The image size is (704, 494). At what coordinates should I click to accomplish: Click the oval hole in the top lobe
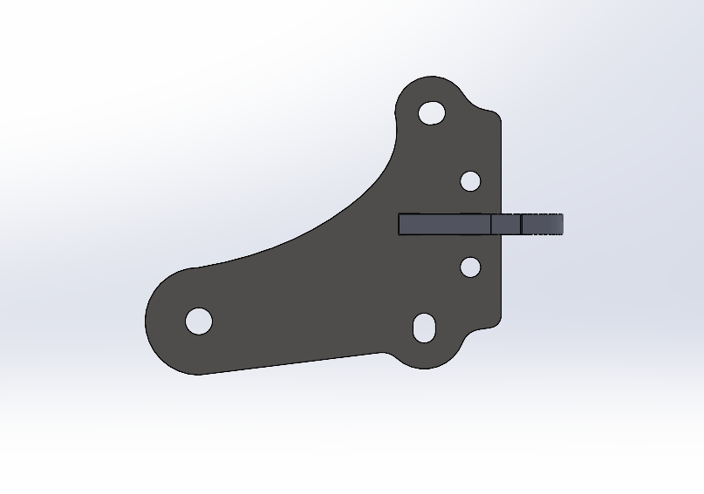point(432,112)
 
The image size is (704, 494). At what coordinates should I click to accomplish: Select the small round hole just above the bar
point(470,181)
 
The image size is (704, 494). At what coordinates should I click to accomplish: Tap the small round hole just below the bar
point(470,267)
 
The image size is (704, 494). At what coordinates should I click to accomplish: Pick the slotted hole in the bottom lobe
point(425,328)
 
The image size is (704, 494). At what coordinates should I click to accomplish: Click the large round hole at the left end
point(199,321)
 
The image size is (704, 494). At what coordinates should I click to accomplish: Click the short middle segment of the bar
point(505,225)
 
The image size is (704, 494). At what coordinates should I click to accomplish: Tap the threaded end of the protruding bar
point(543,225)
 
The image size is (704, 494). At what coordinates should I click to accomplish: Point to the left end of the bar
point(400,225)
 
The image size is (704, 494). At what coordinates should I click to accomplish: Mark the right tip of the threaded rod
point(563,225)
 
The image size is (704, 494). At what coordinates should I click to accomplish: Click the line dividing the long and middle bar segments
point(490,225)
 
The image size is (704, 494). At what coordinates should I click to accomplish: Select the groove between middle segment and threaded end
point(521,225)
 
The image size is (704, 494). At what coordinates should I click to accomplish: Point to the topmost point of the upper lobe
point(430,77)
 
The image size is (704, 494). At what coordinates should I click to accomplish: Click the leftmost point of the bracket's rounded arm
point(145,321)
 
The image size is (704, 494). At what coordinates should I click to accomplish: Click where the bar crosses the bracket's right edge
point(502,225)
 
